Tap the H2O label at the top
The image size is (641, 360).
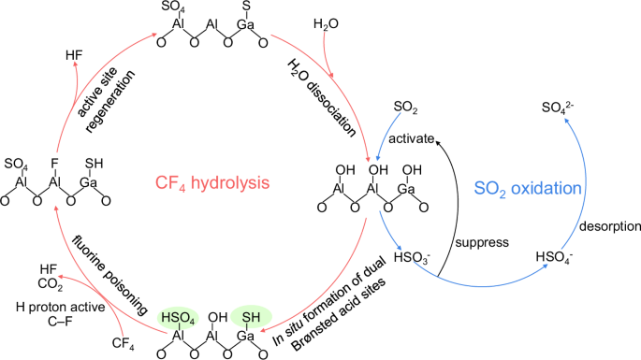pyautogui.click(x=327, y=22)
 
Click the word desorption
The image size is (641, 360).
pyautogui.click(x=604, y=226)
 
